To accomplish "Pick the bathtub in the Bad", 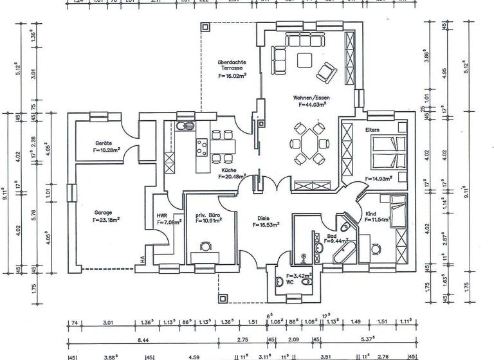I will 344,253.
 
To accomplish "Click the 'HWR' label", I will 161,216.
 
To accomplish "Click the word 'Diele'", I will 264,218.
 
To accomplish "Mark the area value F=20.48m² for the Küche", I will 230,177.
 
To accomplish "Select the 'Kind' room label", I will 370,213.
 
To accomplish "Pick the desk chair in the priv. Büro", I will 206,246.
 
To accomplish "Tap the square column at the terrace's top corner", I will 205,28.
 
